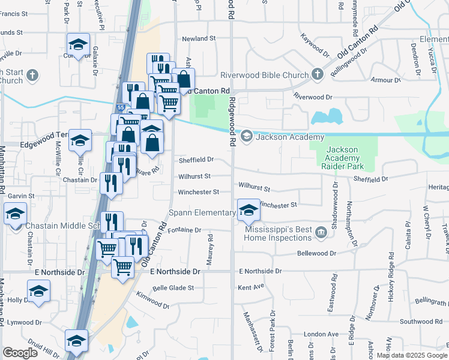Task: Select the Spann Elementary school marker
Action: click(x=248, y=210)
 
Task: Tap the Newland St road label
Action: click(x=199, y=38)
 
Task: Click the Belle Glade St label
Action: click(x=173, y=288)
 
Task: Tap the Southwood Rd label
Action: click(x=421, y=322)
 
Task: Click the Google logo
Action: click(x=20, y=353)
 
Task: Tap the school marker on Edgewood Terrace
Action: click(x=80, y=140)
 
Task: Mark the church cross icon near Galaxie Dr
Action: click(x=32, y=76)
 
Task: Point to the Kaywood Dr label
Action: click(x=316, y=45)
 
